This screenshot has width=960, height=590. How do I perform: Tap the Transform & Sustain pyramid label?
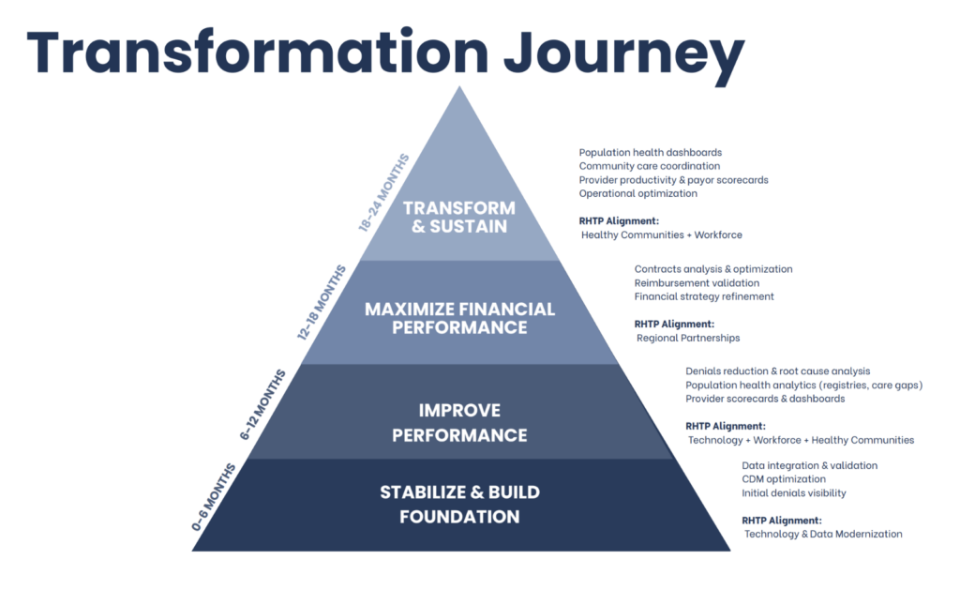tap(459, 217)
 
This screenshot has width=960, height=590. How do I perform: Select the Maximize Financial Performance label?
tap(459, 318)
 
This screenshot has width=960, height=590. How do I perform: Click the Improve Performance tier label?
tap(459, 422)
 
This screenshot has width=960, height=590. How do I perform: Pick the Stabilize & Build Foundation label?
tap(459, 504)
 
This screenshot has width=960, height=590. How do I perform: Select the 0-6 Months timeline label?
tap(209, 498)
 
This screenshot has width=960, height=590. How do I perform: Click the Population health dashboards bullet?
tap(650, 152)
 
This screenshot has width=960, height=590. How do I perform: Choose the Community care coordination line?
tap(650, 166)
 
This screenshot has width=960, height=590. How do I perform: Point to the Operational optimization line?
tap(637, 193)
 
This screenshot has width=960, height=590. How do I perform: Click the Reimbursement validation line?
tap(697, 282)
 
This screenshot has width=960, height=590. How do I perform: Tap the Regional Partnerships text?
tap(688, 337)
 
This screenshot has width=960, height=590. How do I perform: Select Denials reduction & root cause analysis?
tap(777, 371)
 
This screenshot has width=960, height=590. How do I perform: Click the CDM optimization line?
tap(784, 479)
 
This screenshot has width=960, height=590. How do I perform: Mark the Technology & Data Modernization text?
tap(823, 534)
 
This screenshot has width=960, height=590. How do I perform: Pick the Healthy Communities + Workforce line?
tap(662, 234)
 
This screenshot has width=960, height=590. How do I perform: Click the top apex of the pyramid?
tap(458, 90)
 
